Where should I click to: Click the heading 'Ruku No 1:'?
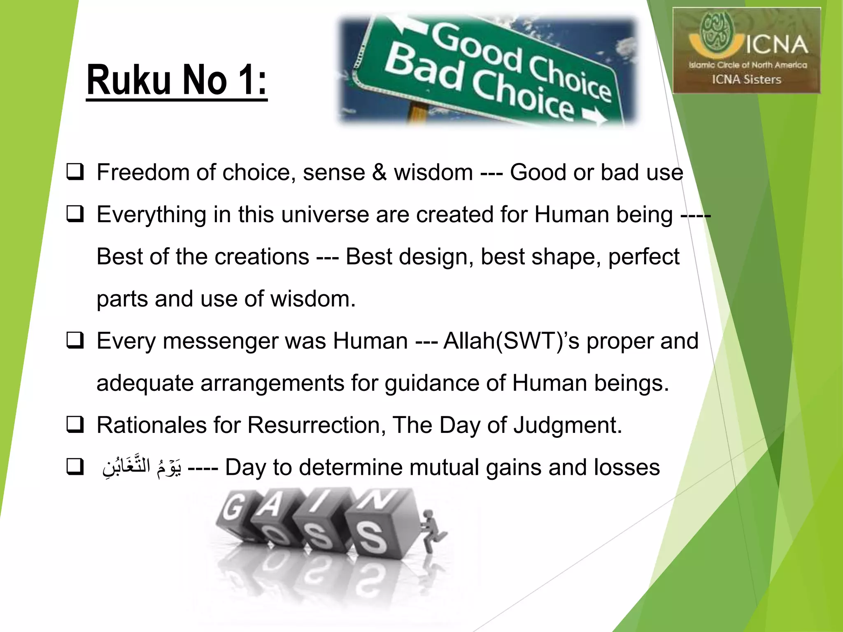[177, 80]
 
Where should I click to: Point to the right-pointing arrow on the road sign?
[595, 117]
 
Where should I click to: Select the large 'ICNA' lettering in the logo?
[777, 44]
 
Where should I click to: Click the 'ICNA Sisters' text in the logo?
[746, 79]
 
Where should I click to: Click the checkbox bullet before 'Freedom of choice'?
[75, 172]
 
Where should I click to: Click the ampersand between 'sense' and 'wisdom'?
[379, 172]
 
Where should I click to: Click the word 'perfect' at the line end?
[644, 257]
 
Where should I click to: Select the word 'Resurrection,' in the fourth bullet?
[317, 425]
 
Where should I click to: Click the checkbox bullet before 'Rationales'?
[75, 425]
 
